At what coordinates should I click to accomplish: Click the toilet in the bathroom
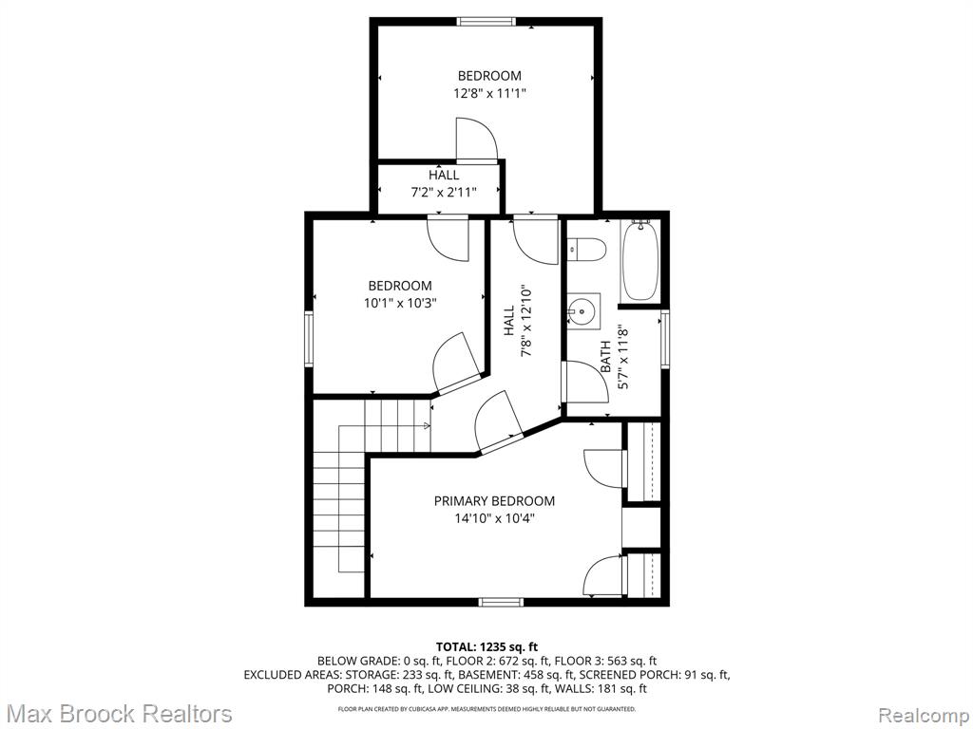point(585,250)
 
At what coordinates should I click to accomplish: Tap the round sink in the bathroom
point(583,309)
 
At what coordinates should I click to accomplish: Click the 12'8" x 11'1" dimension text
point(489,94)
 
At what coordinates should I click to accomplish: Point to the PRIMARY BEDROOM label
point(494,501)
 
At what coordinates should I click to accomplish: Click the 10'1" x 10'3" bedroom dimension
point(400,303)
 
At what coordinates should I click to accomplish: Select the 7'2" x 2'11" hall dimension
point(444,192)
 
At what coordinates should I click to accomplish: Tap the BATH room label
point(605,358)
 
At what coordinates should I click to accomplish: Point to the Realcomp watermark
point(925,715)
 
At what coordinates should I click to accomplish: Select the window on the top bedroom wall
point(486,22)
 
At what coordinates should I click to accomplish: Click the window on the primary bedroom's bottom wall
point(502,601)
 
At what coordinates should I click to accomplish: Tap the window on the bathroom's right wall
point(665,340)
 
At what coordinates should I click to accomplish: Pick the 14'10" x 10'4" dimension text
point(494,518)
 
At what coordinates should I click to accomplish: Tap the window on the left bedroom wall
point(309,339)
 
